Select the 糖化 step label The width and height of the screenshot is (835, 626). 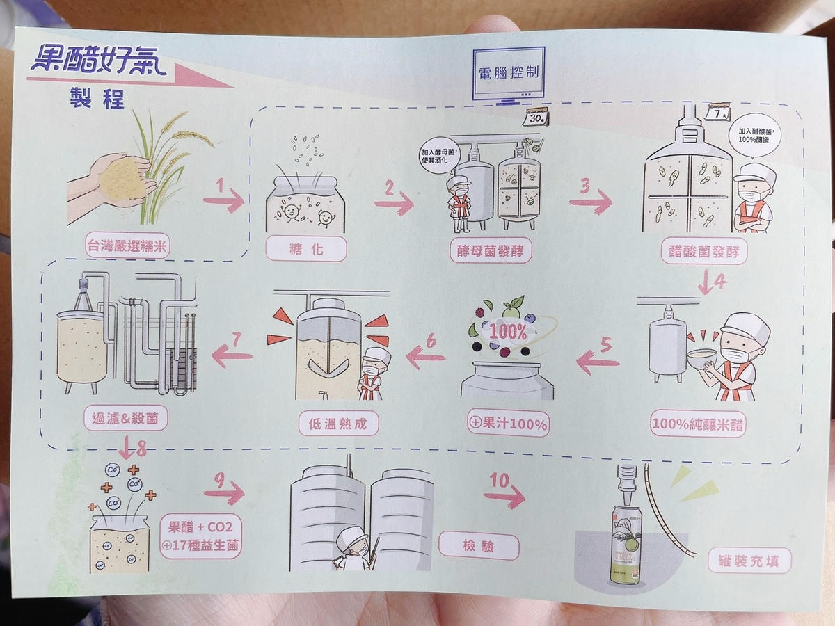(306, 248)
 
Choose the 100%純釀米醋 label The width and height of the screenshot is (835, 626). (698, 424)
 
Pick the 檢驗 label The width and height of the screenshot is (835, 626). (479, 547)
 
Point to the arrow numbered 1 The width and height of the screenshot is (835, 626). (223, 199)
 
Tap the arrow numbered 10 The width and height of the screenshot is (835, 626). (504, 494)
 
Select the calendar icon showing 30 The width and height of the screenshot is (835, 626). (536, 117)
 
